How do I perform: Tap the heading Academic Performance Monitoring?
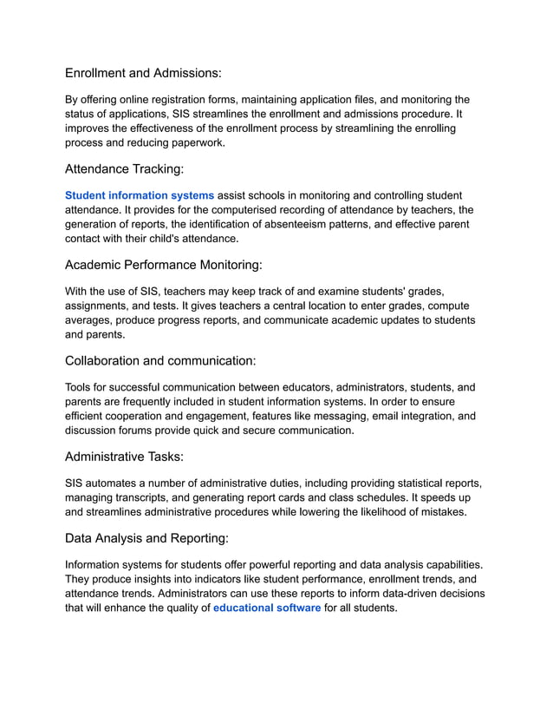click(163, 265)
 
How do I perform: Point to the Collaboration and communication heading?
click(159, 360)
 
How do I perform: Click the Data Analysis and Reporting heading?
click(146, 538)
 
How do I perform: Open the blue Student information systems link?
click(139, 195)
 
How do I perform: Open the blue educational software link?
click(267, 608)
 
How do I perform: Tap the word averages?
click(91, 320)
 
